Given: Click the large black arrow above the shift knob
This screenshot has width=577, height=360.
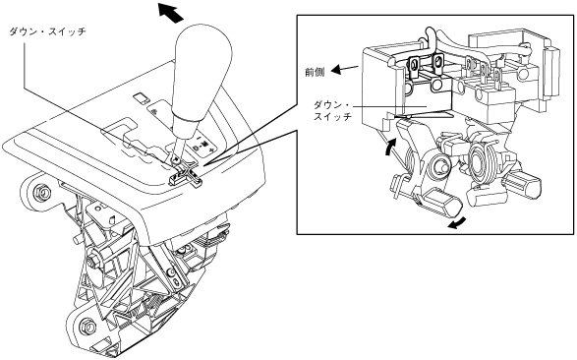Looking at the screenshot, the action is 170,13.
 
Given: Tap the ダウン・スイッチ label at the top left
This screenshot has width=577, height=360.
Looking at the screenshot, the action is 47,31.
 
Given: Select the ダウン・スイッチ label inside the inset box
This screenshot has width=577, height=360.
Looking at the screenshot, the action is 332,111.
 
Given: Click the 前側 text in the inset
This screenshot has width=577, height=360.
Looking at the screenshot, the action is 315,72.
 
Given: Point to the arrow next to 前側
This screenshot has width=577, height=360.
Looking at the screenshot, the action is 345,69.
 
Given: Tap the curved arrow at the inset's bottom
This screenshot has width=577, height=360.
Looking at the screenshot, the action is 457,223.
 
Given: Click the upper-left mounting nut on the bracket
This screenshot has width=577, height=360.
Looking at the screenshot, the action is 40,192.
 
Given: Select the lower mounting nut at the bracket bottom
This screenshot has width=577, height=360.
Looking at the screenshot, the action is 88,326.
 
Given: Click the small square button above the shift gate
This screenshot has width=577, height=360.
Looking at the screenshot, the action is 141,98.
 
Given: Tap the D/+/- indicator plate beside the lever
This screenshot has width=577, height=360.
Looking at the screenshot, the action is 203,145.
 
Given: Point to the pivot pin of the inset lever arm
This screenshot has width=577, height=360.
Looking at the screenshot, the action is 439,166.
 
